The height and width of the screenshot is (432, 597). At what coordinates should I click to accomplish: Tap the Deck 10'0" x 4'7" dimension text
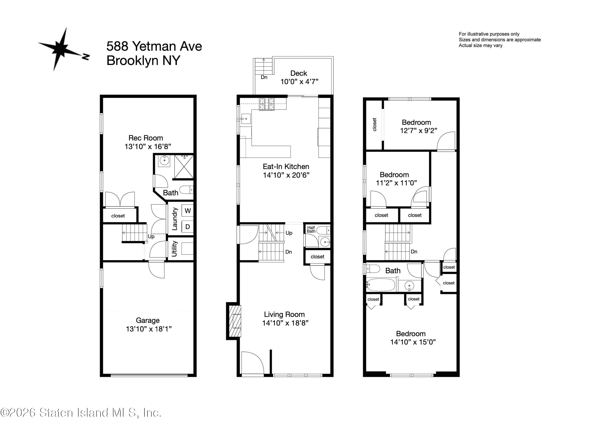coord(299,82)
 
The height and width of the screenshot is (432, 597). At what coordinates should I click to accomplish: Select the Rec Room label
coord(145,138)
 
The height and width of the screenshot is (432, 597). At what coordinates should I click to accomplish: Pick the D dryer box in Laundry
coord(188,227)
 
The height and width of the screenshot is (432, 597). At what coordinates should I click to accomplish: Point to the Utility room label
coord(174,249)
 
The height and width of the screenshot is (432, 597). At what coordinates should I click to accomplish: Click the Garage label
coord(148,320)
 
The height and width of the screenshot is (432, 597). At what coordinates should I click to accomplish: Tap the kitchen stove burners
coord(267,104)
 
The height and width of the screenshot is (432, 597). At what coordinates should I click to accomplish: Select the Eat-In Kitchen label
coord(286,167)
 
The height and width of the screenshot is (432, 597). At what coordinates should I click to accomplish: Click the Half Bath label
coord(311,229)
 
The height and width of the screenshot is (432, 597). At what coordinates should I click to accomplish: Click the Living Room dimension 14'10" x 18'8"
coord(285,323)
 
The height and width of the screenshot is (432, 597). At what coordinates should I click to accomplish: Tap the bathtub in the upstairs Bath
coord(381,285)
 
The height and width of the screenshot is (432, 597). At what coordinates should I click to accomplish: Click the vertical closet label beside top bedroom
coord(374,124)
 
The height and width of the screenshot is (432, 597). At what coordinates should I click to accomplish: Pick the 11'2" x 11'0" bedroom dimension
coord(396,183)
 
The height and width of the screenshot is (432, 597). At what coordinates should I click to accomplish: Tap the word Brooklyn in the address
coord(132,61)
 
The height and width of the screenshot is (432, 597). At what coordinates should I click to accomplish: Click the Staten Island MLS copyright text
coord(81,413)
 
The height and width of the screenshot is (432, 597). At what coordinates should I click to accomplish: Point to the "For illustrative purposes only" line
coord(489,34)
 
